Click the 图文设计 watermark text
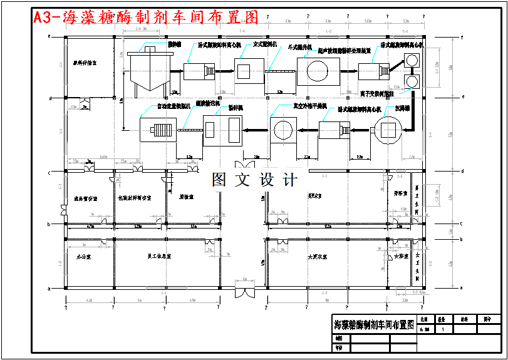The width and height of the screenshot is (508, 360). [x=254, y=180]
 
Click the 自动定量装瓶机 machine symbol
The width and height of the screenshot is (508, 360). [x=155, y=131]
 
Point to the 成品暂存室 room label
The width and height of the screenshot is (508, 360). [x=86, y=198]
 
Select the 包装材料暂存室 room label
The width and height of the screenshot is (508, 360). [x=135, y=198]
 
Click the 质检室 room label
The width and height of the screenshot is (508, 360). [x=186, y=196]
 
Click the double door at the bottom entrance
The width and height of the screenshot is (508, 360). [x=244, y=292]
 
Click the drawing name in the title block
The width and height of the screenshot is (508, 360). [x=374, y=325]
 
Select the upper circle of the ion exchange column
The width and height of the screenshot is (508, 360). [x=413, y=61]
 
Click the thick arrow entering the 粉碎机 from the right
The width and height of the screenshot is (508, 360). [x=256, y=130]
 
